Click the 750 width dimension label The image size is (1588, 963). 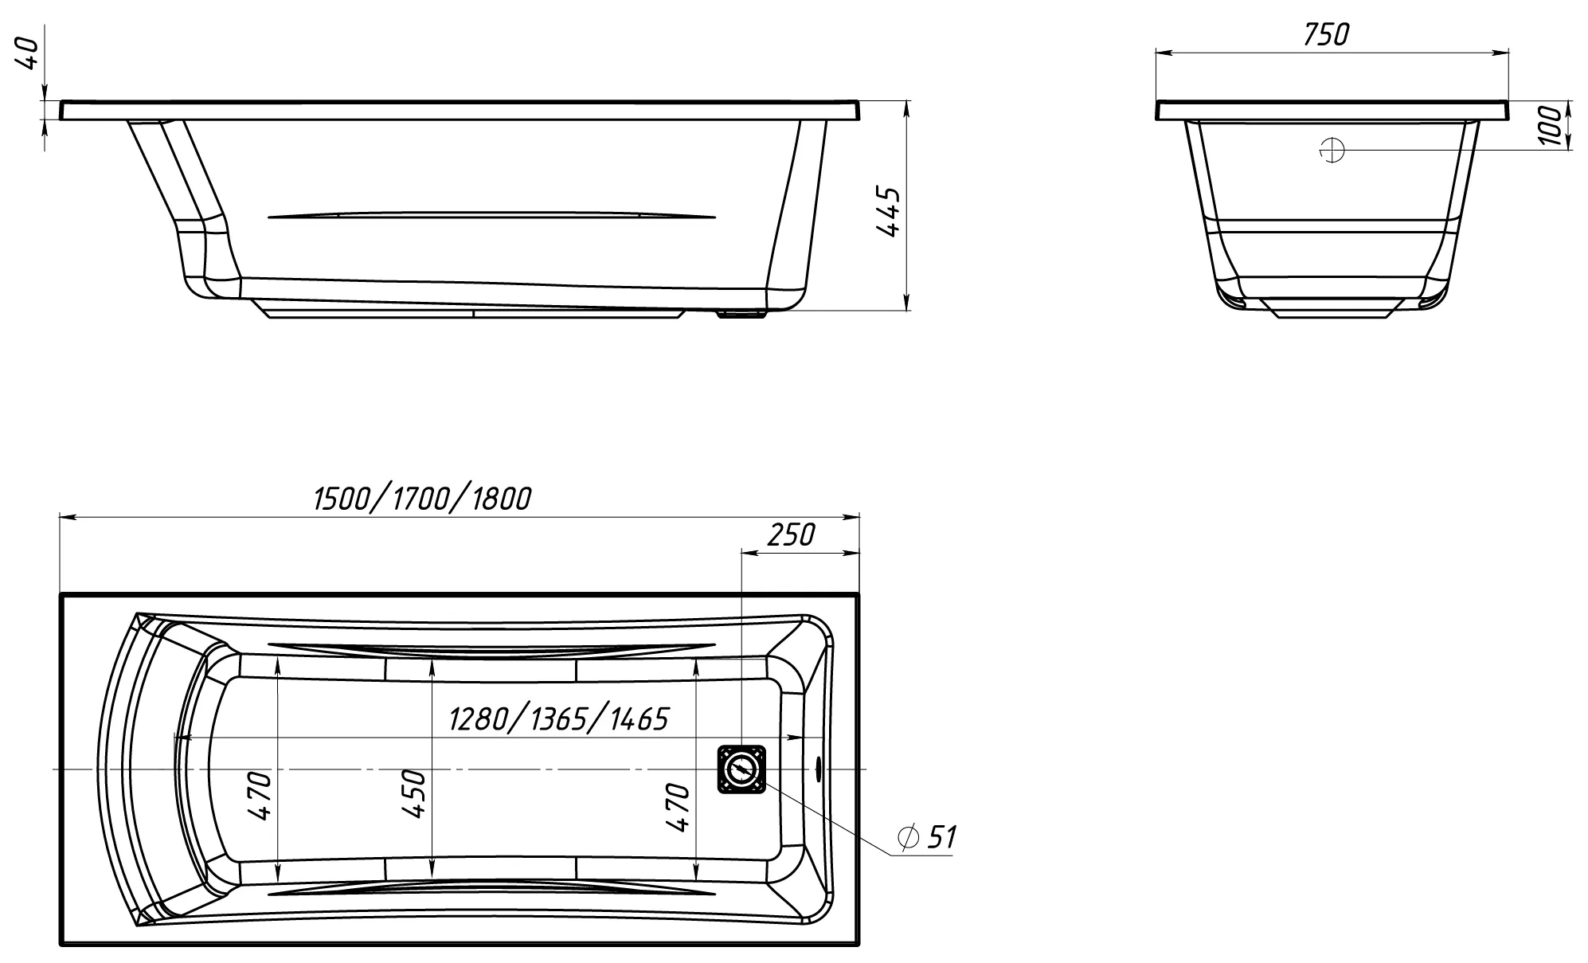[1326, 34]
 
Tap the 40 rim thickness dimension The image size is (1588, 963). [29, 53]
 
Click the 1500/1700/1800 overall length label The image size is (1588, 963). [422, 499]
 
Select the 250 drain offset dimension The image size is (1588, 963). [791, 535]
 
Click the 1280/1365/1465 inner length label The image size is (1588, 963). [558, 719]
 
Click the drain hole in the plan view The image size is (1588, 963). [741, 769]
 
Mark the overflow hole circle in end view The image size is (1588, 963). [1332, 150]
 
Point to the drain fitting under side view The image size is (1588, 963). [741, 314]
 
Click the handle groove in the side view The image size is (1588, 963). [491, 215]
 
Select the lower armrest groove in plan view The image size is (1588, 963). [491, 891]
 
